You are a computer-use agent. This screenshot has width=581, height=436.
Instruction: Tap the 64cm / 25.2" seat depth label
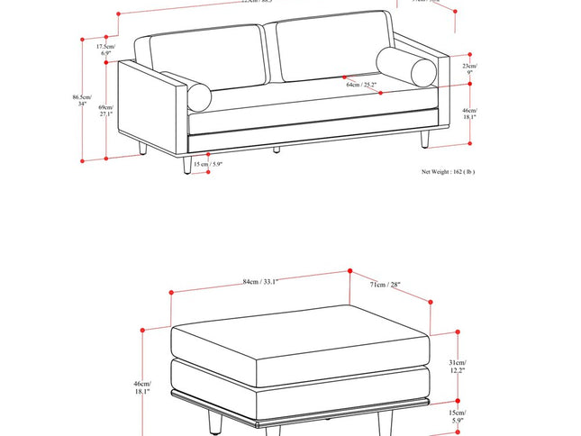(360, 85)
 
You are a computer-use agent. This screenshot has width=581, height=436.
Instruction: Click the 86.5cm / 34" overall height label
(83, 100)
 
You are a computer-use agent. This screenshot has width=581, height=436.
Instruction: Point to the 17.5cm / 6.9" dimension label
(105, 50)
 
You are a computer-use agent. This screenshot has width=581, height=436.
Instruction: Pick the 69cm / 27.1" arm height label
(105, 111)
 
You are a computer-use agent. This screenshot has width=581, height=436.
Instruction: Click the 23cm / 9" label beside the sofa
(470, 69)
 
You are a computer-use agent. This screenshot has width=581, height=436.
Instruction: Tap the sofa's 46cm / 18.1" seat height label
(470, 113)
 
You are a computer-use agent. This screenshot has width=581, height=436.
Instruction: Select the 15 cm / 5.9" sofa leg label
(207, 165)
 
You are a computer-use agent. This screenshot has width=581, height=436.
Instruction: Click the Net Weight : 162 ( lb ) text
(448, 171)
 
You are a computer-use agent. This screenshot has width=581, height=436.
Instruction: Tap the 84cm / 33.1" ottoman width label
(260, 282)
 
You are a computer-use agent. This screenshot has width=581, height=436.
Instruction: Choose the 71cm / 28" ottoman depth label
(385, 286)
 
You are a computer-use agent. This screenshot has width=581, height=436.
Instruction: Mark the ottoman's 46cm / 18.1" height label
(142, 387)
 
